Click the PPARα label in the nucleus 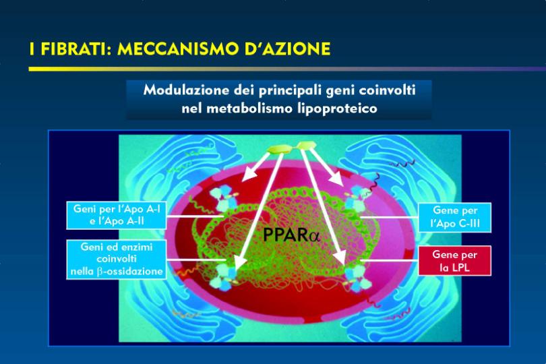point(291,235)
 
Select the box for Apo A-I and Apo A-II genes point(117,215)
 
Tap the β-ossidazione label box point(117,259)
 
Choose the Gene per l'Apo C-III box point(455,217)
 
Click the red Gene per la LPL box point(455,261)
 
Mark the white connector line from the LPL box point(389,260)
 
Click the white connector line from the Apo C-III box point(389,217)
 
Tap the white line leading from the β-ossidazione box point(196,260)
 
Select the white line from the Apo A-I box point(195,216)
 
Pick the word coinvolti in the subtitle point(387,90)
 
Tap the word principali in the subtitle point(290,91)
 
